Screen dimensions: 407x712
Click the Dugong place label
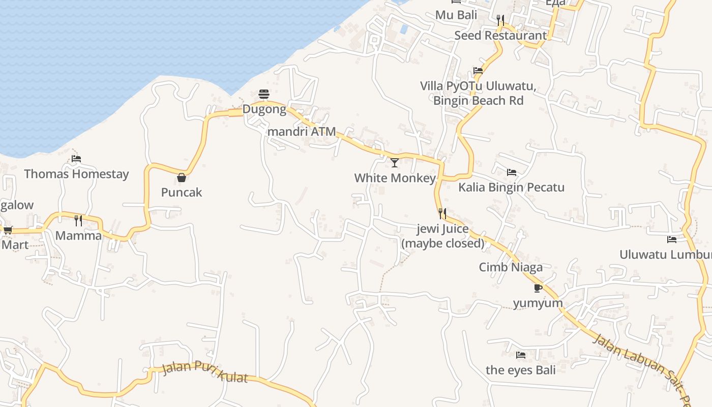(x=264, y=109)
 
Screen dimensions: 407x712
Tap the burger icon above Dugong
(x=263, y=94)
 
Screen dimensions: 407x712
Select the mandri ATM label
(x=302, y=132)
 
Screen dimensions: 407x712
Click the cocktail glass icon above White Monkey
(x=395, y=163)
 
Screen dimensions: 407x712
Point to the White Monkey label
(x=395, y=178)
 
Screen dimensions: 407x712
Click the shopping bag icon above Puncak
(x=182, y=178)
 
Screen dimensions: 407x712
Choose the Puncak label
(x=182, y=192)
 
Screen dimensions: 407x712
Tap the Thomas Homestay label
(x=76, y=174)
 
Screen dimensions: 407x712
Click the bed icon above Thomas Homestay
(x=76, y=159)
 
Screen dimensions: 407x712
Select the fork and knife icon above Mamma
(x=78, y=220)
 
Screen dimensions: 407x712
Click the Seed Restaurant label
(x=500, y=36)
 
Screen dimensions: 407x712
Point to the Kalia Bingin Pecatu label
(x=511, y=187)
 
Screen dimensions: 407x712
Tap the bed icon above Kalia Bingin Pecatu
(x=511, y=172)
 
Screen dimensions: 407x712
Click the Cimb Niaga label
(x=511, y=267)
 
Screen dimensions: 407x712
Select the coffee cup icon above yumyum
(x=538, y=288)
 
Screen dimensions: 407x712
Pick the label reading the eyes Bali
(x=521, y=370)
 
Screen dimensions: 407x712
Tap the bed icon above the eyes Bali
(x=521, y=355)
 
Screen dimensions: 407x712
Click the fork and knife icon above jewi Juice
(x=442, y=213)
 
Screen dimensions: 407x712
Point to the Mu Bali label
(x=456, y=15)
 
